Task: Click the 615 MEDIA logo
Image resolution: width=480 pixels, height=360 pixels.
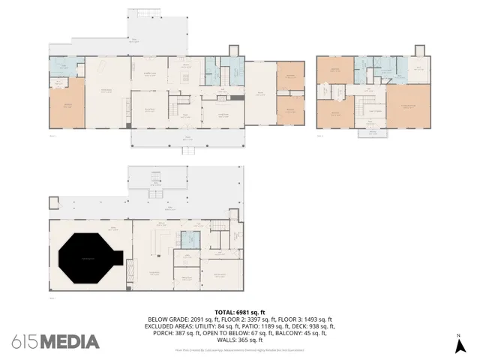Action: (55, 341)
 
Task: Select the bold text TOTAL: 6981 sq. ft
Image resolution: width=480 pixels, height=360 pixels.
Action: (239, 312)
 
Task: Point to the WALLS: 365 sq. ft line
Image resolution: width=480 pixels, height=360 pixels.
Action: (240, 339)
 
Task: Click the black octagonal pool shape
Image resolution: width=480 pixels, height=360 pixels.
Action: (88, 259)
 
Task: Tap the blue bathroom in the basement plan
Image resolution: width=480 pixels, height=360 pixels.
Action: (190, 241)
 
